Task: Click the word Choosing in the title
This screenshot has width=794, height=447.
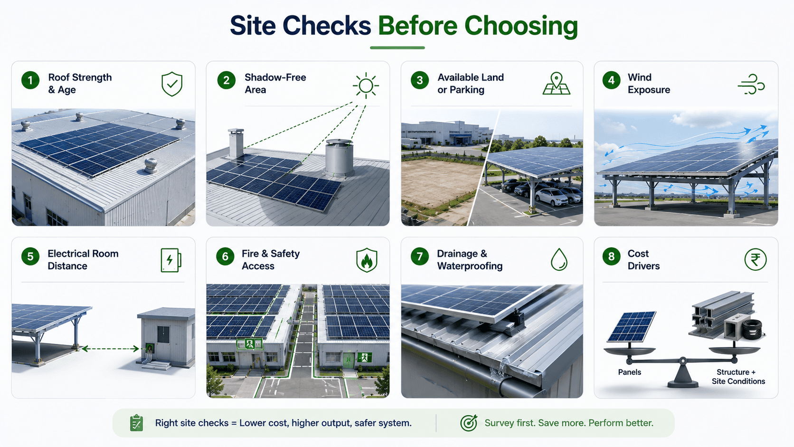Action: click(x=521, y=26)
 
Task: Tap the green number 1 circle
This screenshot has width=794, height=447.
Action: click(x=30, y=80)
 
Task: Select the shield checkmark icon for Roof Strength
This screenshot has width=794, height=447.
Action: click(x=172, y=84)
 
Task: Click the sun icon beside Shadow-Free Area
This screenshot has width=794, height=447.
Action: click(x=366, y=86)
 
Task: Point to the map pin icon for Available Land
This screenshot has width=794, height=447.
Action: click(x=557, y=84)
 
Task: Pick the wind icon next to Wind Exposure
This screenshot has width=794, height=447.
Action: click(x=751, y=85)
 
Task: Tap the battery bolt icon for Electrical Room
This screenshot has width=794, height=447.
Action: click(x=171, y=260)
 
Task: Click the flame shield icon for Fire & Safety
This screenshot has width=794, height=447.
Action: click(x=367, y=260)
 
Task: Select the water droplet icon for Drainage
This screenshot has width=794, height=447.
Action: click(x=559, y=259)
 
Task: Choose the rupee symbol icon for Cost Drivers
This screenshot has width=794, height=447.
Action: click(x=756, y=259)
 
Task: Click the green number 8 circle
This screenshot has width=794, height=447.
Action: click(x=612, y=257)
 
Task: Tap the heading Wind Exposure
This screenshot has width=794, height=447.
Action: click(x=649, y=83)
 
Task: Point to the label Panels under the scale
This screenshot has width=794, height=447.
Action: click(x=630, y=372)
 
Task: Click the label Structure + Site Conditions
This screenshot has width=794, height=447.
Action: click(x=738, y=377)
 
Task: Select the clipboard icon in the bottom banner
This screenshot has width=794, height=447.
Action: click(x=136, y=423)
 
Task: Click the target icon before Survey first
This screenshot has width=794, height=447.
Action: click(x=469, y=423)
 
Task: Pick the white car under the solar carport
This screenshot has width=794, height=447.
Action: click(x=551, y=197)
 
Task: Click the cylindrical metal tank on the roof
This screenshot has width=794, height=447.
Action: click(x=339, y=157)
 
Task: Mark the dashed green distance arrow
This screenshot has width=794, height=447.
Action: click(x=110, y=349)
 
